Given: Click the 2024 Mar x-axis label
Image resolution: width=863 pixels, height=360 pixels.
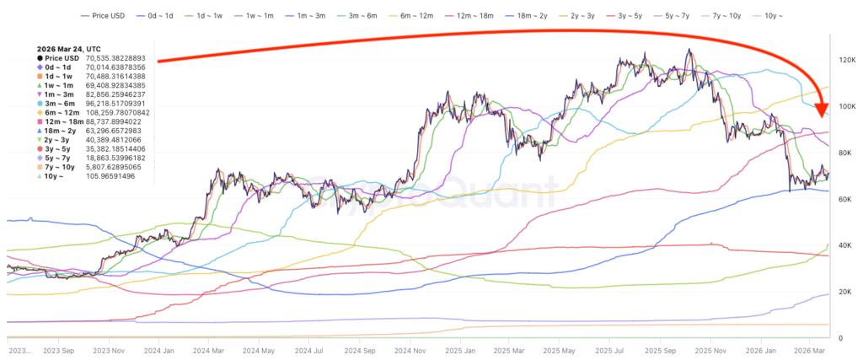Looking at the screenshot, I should (x=211, y=350).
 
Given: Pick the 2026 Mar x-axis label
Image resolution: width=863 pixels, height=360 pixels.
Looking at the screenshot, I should (x=807, y=350).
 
